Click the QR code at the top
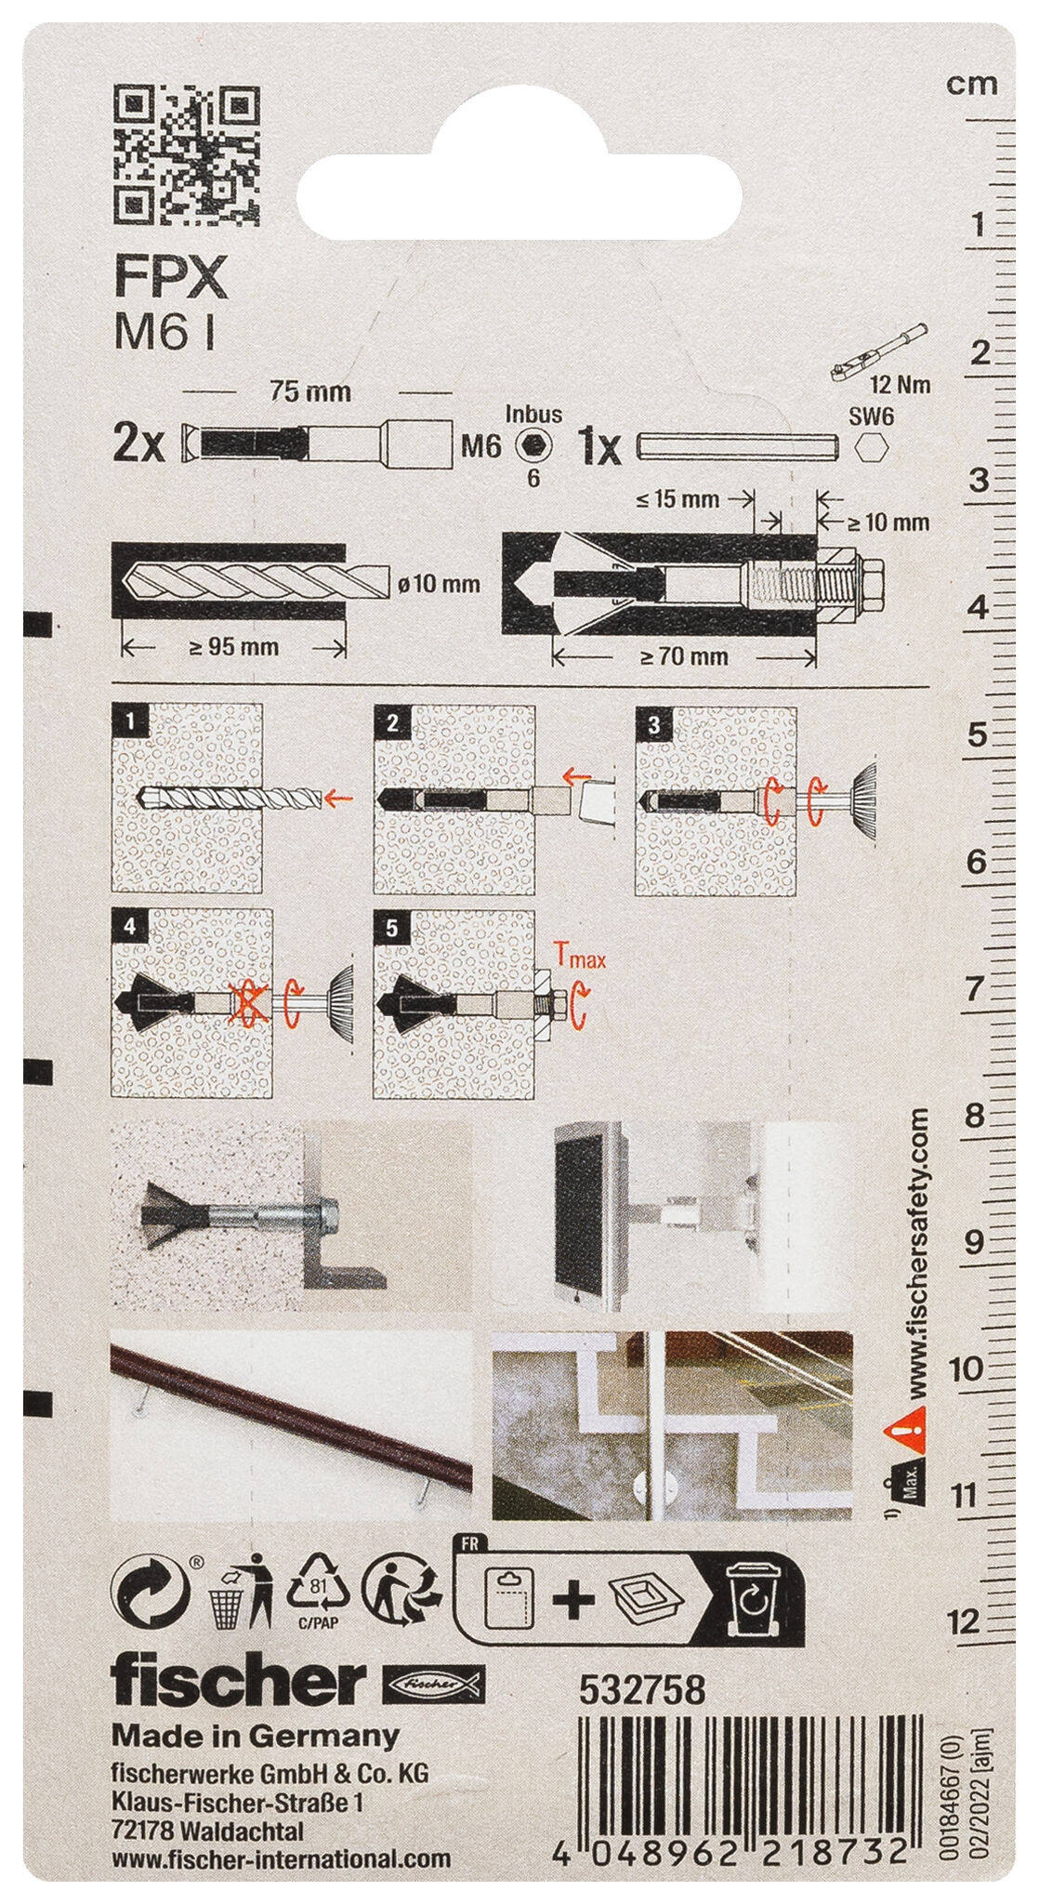click(186, 154)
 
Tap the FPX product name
click(171, 277)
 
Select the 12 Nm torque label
click(900, 384)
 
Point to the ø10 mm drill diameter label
click(438, 584)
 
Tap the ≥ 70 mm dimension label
click(683, 656)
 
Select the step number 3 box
click(654, 724)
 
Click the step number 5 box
click(392, 928)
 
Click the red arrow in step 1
click(339, 797)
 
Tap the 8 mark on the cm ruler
click(974, 1115)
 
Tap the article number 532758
click(642, 1690)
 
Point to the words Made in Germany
click(256, 1736)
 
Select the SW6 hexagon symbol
click(871, 447)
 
